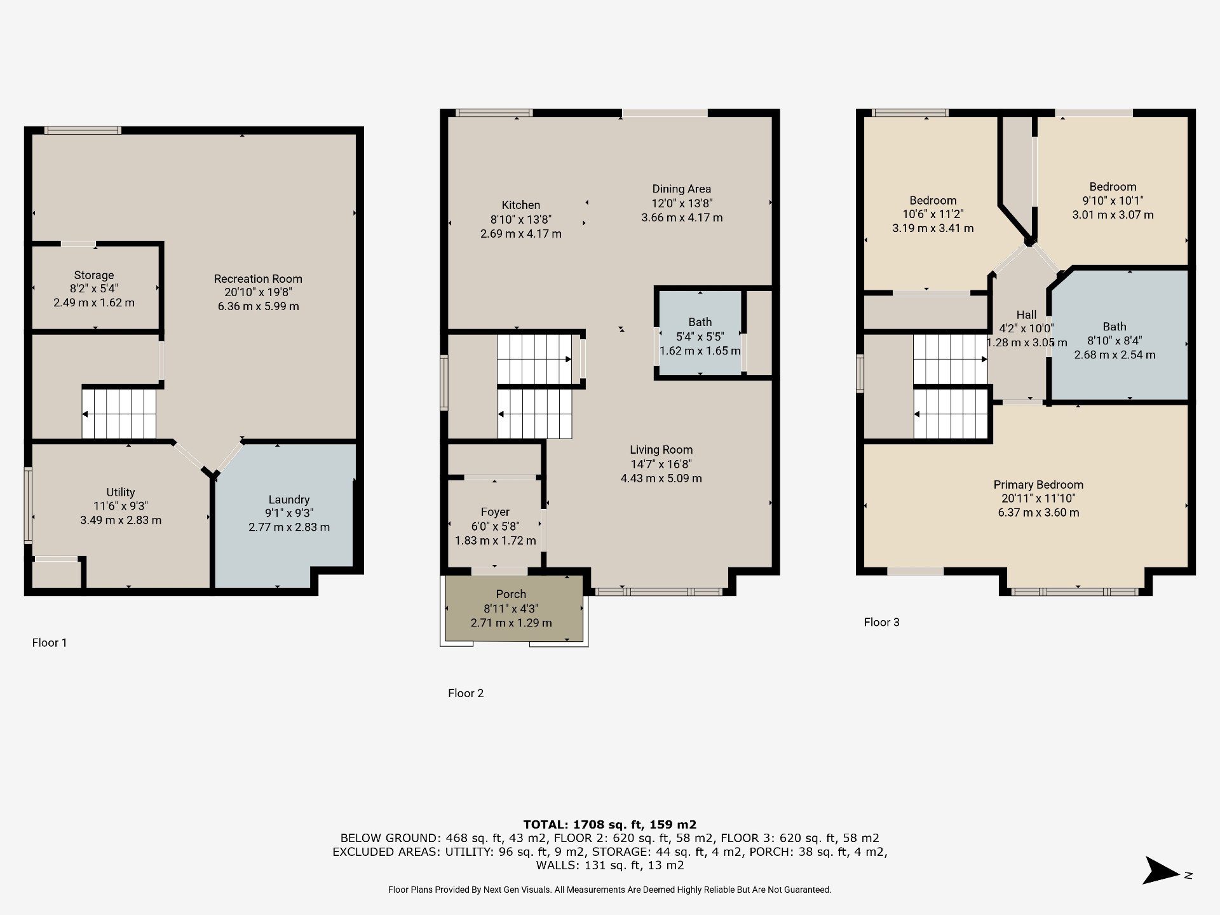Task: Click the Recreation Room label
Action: pos(258,278)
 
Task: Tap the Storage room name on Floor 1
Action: pos(94,275)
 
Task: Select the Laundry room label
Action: pos(289,500)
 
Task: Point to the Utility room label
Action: pos(121,492)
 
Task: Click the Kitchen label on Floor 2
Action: pos(521,205)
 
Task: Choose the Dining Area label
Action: pos(682,189)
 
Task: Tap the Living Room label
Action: pos(661,450)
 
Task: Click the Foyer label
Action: pos(496,512)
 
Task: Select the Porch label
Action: pos(511,594)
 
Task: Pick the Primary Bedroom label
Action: pos(1038,485)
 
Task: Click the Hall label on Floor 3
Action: pos(1026,315)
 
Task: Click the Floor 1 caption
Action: pos(50,643)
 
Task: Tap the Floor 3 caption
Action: pos(882,623)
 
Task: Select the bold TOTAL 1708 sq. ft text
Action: pos(610,825)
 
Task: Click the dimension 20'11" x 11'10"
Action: pos(1038,499)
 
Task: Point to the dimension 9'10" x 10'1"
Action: pos(1113,201)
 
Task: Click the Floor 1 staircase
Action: pos(119,414)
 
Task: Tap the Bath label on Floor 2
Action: pos(700,322)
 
